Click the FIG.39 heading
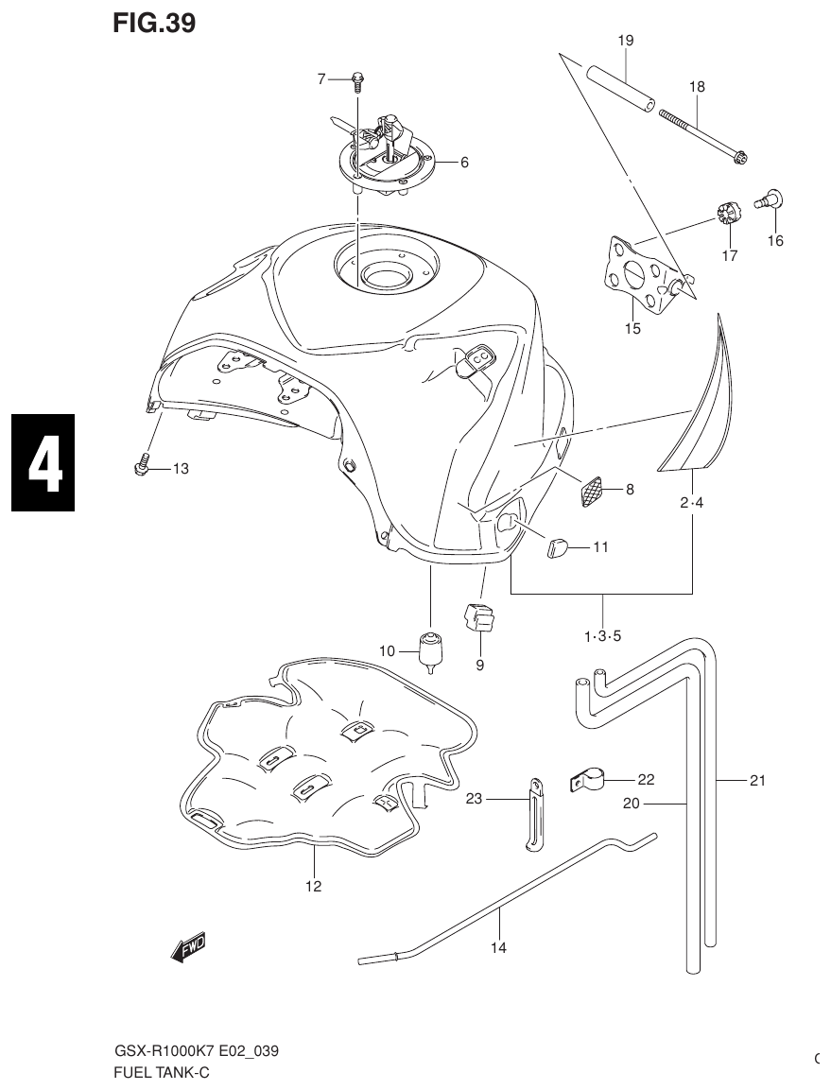pyautogui.click(x=154, y=25)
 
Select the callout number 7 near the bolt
pyautogui.click(x=321, y=79)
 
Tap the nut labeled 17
pyautogui.click(x=725, y=214)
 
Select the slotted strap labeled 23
pyautogui.click(x=535, y=813)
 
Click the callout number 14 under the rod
pyautogui.click(x=498, y=947)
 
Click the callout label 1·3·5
pyautogui.click(x=603, y=635)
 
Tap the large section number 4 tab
pyautogui.click(x=43, y=463)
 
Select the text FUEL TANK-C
pyautogui.click(x=161, y=1072)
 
